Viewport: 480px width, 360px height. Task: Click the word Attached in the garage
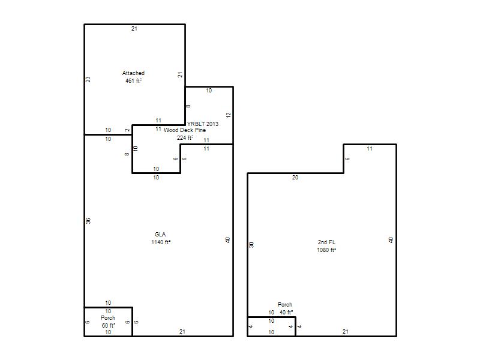coord(133,73)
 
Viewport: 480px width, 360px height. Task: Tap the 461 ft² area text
coord(133,81)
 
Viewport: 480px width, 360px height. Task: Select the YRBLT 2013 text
coord(203,124)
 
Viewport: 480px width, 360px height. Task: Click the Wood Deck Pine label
coord(185,130)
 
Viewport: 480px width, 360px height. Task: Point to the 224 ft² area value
coord(185,138)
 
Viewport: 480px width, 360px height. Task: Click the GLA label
coord(160,235)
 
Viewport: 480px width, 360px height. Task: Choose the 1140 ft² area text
coord(161,242)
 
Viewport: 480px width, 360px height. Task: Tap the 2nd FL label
coord(326,242)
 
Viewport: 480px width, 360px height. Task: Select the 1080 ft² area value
coord(326,250)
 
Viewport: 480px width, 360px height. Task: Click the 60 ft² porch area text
coord(109,325)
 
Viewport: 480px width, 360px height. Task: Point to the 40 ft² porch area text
coord(286,312)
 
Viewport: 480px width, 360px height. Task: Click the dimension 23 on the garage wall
coord(88,79)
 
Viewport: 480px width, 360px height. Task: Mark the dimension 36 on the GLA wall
coord(88,221)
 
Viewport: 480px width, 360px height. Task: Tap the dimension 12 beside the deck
coord(229,115)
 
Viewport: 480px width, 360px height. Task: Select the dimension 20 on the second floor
coord(295,178)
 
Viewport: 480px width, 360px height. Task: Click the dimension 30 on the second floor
coord(251,245)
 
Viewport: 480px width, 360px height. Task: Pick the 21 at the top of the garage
coord(134,29)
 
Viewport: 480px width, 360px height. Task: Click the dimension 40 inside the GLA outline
coord(227,241)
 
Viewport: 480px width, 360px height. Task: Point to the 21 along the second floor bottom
coord(346,332)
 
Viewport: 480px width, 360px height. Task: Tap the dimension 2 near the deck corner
coord(128,130)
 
